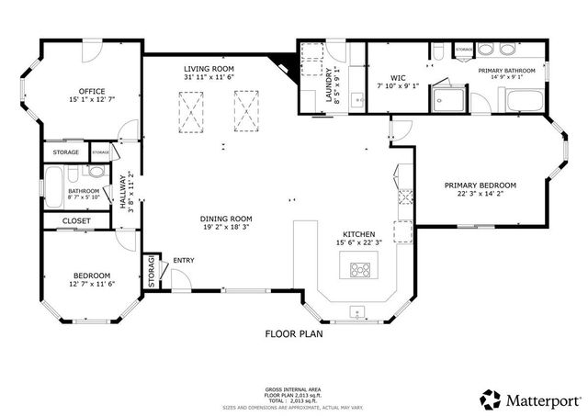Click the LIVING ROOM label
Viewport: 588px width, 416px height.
pyautogui.click(x=209, y=69)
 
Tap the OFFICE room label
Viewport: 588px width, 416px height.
pyautogui.click(x=92, y=91)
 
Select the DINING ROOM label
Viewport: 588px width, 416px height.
pyautogui.click(x=226, y=218)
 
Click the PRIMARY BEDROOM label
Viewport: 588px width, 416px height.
pyautogui.click(x=480, y=186)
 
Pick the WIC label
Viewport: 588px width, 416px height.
pyautogui.click(x=398, y=78)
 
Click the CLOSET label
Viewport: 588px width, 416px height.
pyautogui.click(x=76, y=221)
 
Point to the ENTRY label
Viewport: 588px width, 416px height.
pyautogui.click(x=184, y=261)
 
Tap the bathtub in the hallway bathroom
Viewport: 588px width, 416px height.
pyautogui.click(x=55, y=186)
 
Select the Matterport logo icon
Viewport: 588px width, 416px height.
pyautogui.click(x=491, y=399)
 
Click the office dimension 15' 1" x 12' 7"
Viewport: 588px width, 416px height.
pyautogui.click(x=92, y=100)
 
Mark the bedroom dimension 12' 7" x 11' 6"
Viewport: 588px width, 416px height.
pyautogui.click(x=92, y=285)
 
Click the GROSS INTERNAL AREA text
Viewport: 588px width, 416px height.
pyautogui.click(x=294, y=389)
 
